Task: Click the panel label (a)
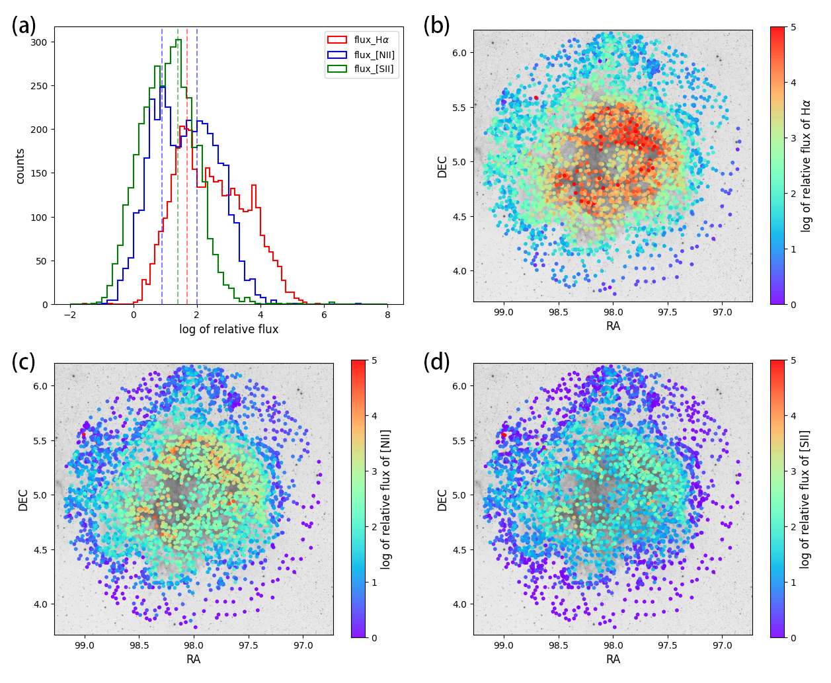tap(24, 26)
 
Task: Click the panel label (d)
tap(437, 362)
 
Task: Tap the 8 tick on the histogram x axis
tap(387, 315)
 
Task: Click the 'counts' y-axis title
tap(20, 166)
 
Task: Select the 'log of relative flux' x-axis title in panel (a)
tap(229, 329)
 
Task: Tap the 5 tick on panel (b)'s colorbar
tap(793, 27)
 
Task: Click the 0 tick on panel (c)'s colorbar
tap(374, 638)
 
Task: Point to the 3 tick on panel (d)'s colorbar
tap(793, 471)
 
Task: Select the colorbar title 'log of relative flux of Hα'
tap(806, 166)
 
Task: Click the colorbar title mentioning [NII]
tap(386, 499)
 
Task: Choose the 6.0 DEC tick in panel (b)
tap(458, 53)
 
